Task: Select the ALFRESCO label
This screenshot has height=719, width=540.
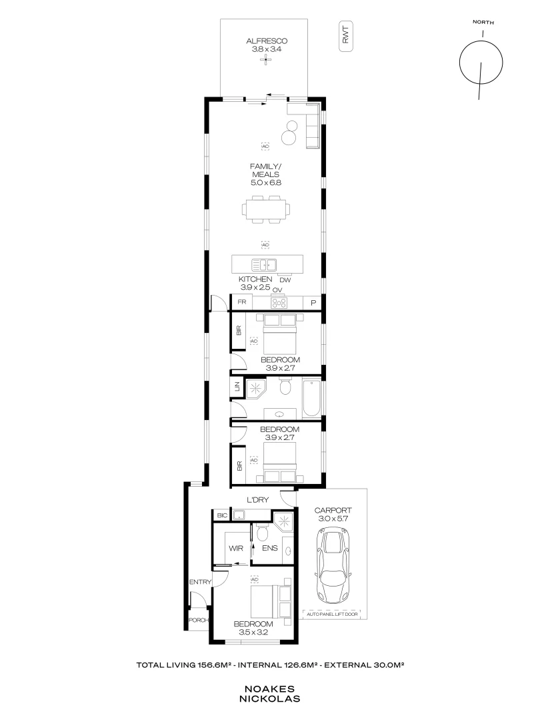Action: pos(265,40)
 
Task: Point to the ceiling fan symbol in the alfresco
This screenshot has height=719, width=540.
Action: pos(265,60)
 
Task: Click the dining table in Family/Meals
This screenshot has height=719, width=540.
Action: pos(267,208)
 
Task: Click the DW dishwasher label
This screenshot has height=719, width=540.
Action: pos(285,280)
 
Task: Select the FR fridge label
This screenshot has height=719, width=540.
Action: pos(243,302)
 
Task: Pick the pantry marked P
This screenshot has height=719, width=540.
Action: pos(313,303)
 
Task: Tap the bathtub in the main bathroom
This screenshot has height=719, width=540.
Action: pos(311,397)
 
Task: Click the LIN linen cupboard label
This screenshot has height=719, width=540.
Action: pos(237,386)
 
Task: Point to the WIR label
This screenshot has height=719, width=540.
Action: pos(235,549)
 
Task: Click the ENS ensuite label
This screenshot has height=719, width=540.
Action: pos(270,549)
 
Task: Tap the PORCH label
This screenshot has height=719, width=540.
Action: pos(199,620)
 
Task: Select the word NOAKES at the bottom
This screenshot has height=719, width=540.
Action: pos(270,690)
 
